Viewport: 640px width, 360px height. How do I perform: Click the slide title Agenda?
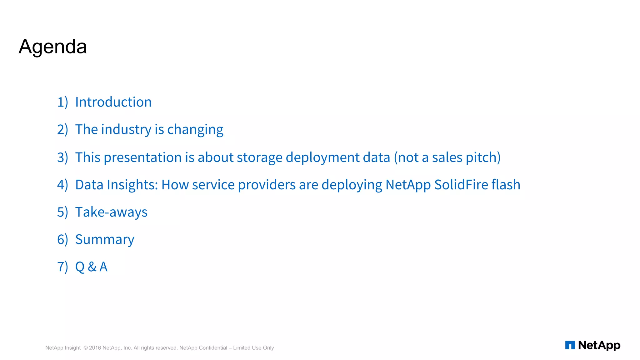(x=52, y=47)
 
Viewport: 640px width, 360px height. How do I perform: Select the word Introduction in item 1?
(x=113, y=102)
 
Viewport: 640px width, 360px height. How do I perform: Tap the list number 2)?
(x=62, y=129)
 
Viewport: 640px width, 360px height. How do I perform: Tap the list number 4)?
(x=62, y=185)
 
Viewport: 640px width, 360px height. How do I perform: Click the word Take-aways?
(x=111, y=212)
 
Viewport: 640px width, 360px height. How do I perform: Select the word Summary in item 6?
(x=105, y=240)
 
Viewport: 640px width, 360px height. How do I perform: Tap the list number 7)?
(x=62, y=267)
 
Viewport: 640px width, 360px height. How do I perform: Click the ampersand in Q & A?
(x=92, y=267)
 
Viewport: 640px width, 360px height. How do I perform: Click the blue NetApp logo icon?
(x=570, y=345)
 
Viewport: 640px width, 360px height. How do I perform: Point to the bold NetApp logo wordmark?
(x=599, y=345)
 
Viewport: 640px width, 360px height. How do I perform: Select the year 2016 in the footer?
(x=95, y=348)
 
